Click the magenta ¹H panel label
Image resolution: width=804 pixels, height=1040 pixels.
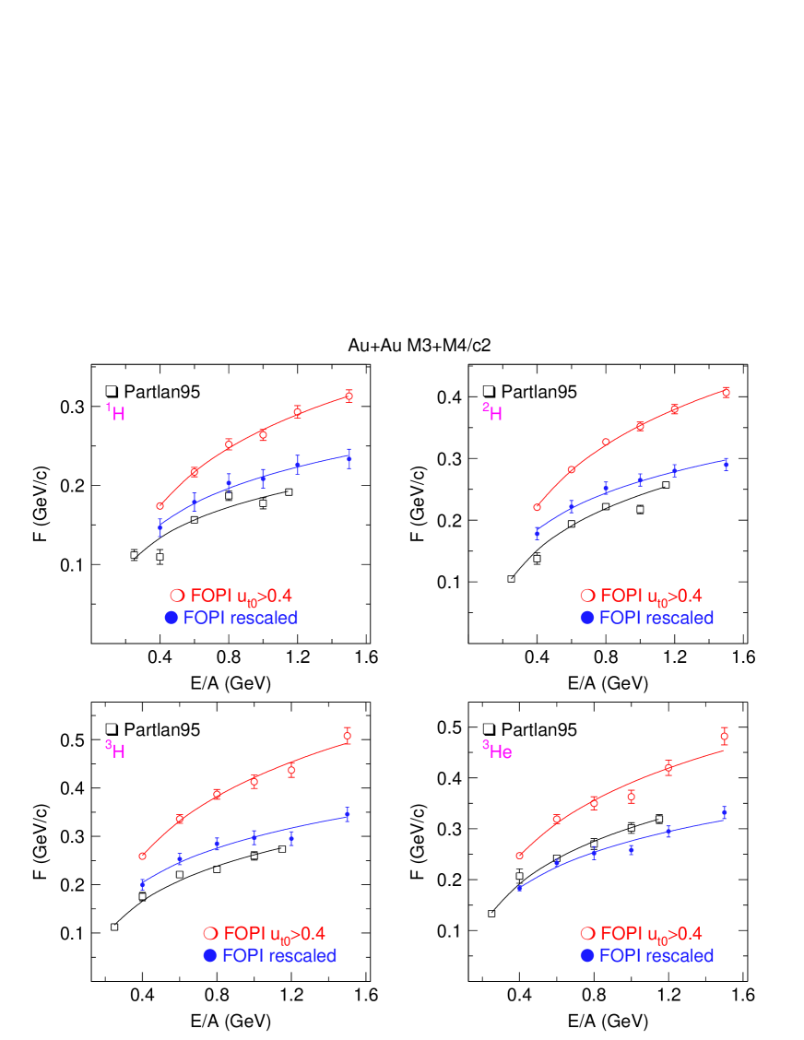pyautogui.click(x=115, y=412)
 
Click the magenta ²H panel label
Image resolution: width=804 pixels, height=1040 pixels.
pyautogui.click(x=492, y=412)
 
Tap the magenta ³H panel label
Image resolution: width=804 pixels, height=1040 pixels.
pyautogui.click(x=115, y=750)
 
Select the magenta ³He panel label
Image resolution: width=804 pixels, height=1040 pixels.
pyautogui.click(x=497, y=750)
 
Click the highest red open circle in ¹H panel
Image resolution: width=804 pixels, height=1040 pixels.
pyautogui.click(x=349, y=396)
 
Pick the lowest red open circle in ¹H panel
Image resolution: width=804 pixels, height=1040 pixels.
pyautogui.click(x=160, y=505)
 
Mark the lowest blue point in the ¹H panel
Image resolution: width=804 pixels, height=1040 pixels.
pyautogui.click(x=160, y=526)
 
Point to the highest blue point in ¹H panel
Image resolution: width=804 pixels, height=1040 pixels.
pyautogui.click(x=349, y=457)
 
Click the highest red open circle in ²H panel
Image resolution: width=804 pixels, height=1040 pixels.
pyautogui.click(x=726, y=393)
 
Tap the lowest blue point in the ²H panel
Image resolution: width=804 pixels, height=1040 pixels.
pyautogui.click(x=537, y=531)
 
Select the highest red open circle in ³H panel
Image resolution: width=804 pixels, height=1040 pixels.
pyautogui.click(x=347, y=735)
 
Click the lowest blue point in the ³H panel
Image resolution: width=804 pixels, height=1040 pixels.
pyautogui.click(x=143, y=883)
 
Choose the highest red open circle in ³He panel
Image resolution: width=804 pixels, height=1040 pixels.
pyautogui.click(x=724, y=736)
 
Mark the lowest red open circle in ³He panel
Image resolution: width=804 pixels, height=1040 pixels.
pyautogui.click(x=519, y=856)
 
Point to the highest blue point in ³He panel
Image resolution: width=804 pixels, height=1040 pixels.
pyautogui.click(x=724, y=811)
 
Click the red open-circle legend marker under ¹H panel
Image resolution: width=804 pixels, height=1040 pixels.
pyautogui.click(x=176, y=596)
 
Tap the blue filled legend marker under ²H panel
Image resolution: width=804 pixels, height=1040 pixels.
pyautogui.click(x=586, y=618)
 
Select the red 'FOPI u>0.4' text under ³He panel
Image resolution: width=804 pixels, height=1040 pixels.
pyautogui.click(x=650, y=933)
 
